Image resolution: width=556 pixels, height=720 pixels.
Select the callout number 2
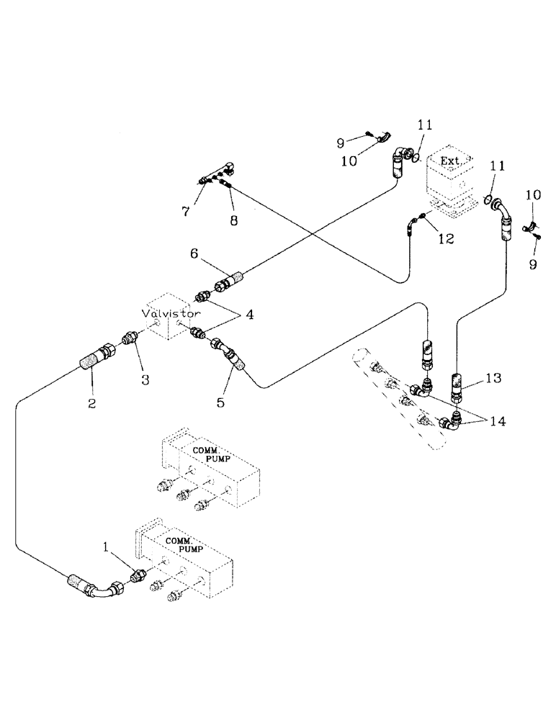[x=92, y=403]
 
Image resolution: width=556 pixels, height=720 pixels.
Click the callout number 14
[x=497, y=423]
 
